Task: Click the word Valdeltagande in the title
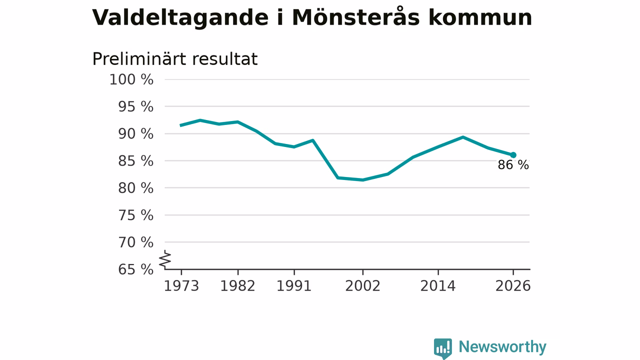click(x=180, y=17)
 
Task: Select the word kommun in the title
click(x=480, y=17)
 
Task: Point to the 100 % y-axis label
click(x=131, y=79)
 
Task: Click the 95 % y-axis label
click(x=135, y=106)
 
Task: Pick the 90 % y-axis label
click(x=135, y=133)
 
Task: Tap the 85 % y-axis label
click(x=135, y=161)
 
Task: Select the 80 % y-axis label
click(x=135, y=188)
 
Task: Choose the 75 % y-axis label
click(x=135, y=215)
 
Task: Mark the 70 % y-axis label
click(x=135, y=242)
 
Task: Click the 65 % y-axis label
click(x=135, y=269)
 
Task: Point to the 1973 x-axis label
click(x=181, y=286)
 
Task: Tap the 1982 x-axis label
click(x=237, y=286)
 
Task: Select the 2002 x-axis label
click(x=362, y=286)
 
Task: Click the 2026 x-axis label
click(x=512, y=286)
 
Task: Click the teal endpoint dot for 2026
click(x=513, y=155)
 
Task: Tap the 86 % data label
click(x=513, y=165)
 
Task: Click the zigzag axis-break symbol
click(x=165, y=259)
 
